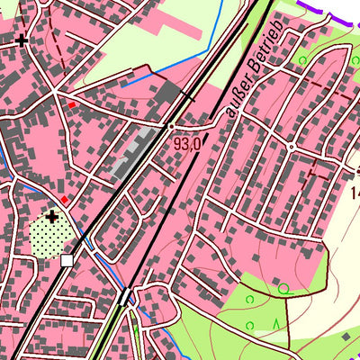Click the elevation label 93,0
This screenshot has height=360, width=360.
point(187,142)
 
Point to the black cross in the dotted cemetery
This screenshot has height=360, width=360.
point(52,216)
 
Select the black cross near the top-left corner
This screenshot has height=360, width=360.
point(22,40)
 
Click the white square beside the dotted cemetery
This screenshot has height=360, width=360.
point(67,260)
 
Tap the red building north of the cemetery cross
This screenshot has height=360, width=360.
point(64,199)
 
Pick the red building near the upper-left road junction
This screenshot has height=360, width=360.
point(71,104)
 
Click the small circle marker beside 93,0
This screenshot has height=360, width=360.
point(170,127)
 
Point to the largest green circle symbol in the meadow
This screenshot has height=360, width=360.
point(283,289)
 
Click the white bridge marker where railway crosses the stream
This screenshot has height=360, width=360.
point(125,297)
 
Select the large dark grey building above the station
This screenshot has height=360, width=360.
point(167,91)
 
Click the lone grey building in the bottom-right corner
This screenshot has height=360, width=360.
point(346,337)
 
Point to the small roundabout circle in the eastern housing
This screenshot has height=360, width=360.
point(292,146)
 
